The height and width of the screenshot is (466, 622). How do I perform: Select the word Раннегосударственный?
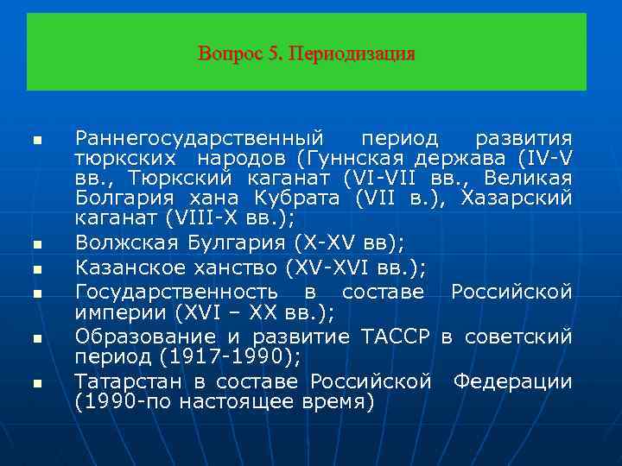pyautogui.click(x=200, y=139)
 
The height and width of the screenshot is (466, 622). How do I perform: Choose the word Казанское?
pyautogui.click(x=128, y=267)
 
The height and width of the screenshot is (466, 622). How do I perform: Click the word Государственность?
pyautogui.click(x=176, y=292)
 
